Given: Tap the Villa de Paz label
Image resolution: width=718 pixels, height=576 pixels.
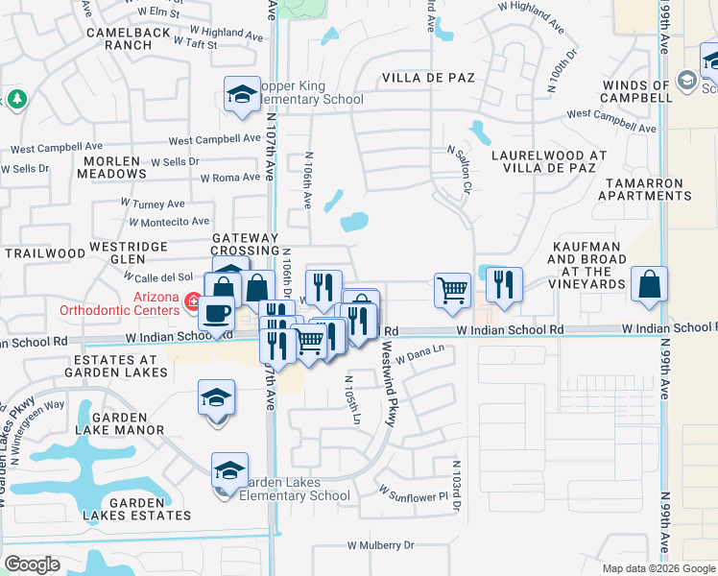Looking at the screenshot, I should point(429,77).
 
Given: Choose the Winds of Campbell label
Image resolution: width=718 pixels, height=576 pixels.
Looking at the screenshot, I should point(635,92).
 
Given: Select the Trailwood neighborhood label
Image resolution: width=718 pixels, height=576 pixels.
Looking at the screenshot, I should point(45,253).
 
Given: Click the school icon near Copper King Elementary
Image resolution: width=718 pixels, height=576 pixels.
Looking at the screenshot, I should point(242,93).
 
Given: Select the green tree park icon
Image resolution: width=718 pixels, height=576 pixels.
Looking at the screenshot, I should point(16,99).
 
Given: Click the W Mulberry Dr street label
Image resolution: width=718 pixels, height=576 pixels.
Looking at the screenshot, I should point(381,545).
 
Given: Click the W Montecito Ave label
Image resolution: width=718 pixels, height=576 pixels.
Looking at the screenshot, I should point(169,222).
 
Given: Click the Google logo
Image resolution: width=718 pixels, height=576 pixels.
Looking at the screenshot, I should point(32,564).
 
